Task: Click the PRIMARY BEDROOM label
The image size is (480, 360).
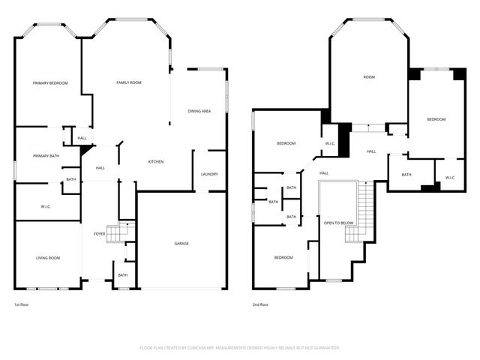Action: coord(50,83)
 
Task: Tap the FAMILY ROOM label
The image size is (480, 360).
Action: coord(128,82)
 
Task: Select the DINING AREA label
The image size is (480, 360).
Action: coord(199,111)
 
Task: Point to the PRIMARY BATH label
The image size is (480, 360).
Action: coord(46,156)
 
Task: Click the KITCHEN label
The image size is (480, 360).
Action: coord(156,162)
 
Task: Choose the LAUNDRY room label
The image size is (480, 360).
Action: coord(209,174)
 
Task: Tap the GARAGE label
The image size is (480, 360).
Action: coord(181,244)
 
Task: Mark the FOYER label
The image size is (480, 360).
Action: coord(99,233)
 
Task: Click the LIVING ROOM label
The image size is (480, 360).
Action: coord(48,258)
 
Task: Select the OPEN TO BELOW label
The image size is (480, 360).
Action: coord(339,223)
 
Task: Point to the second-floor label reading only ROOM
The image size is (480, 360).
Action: coord(369,77)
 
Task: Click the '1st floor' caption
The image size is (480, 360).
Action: coord(22,304)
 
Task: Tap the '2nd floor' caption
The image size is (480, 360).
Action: coord(261,304)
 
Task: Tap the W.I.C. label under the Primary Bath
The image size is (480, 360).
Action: coord(45,206)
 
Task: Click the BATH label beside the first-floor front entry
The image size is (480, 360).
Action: coord(123,275)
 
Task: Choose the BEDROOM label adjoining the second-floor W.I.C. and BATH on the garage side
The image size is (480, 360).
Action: coord(436,119)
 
